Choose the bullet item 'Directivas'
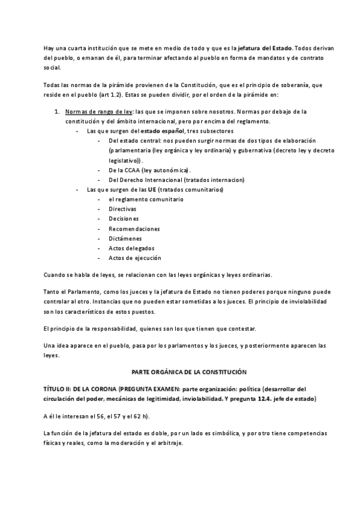[122, 209]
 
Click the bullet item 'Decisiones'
[124, 218]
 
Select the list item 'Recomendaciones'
[134, 229]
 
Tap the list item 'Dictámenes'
[125, 238]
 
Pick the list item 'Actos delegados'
[131, 248]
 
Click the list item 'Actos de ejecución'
[135, 258]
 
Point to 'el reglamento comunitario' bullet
[146, 199]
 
